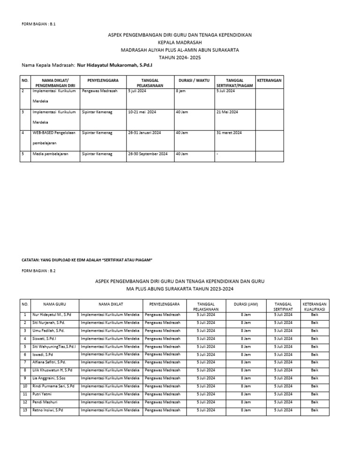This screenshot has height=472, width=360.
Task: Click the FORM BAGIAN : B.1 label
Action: click(x=39, y=23)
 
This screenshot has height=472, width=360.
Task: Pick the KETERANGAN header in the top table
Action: click(x=270, y=80)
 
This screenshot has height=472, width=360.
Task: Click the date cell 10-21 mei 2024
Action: click(x=142, y=112)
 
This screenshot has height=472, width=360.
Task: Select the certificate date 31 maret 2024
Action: click(x=229, y=133)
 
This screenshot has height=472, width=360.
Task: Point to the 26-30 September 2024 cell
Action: click(x=148, y=153)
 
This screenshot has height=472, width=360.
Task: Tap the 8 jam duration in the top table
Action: click(x=180, y=91)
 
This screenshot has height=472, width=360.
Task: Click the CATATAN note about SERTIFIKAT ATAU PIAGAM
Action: click(x=88, y=259)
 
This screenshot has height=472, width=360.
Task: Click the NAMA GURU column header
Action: click(x=54, y=304)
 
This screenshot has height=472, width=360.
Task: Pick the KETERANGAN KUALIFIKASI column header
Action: click(x=315, y=306)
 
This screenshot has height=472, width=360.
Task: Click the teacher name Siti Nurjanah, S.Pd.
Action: click(x=49, y=322)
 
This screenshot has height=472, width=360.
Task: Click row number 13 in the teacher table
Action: click(x=25, y=410)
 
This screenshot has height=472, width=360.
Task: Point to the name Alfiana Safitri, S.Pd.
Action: click(x=49, y=362)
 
